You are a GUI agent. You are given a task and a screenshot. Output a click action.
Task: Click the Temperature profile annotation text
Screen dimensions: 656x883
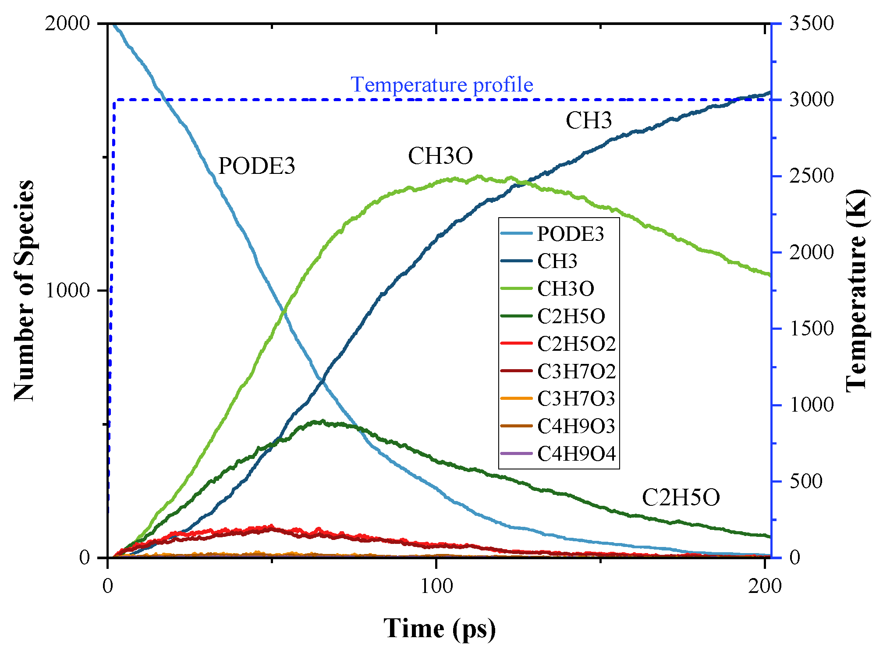point(442,85)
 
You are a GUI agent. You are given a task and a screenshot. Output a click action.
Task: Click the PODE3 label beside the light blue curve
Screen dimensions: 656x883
point(256,166)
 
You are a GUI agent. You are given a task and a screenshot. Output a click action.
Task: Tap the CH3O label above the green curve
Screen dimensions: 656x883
point(440,156)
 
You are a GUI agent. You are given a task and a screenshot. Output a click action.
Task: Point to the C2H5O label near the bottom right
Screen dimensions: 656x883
point(681,497)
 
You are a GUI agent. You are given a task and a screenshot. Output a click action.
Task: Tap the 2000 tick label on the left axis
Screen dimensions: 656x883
point(67,23)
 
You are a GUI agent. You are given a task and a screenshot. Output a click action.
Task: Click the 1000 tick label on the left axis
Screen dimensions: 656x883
point(67,290)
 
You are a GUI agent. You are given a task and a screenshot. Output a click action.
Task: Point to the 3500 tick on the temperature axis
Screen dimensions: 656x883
point(811,23)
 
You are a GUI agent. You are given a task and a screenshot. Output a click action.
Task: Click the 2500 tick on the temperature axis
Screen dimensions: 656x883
point(811,176)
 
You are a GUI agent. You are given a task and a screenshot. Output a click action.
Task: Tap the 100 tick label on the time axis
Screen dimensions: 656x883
point(436,585)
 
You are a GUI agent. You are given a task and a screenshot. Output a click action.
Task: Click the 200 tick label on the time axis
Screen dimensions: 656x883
point(765,585)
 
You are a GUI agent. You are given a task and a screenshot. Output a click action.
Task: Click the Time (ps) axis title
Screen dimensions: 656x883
point(440,628)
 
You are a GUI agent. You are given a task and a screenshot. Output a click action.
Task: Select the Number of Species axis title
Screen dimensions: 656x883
point(24,290)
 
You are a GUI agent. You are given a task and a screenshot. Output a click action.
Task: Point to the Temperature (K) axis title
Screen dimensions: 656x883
point(857,290)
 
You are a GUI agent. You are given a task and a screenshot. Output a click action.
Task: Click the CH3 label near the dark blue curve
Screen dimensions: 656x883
point(589,120)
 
